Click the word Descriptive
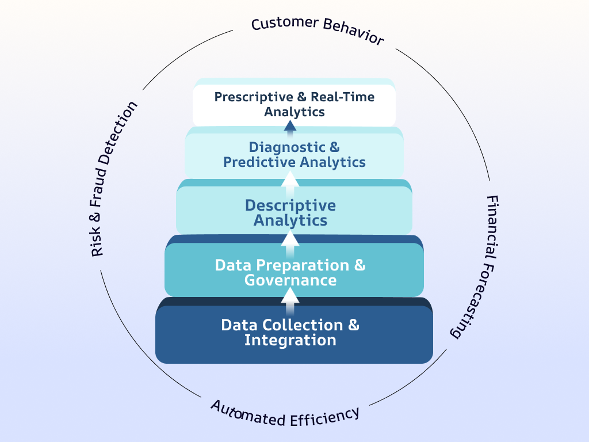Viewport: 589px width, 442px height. (x=290, y=205)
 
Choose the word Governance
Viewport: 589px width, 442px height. (x=290, y=280)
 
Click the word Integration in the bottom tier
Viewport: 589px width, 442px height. (x=290, y=340)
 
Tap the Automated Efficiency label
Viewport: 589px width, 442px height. (x=285, y=413)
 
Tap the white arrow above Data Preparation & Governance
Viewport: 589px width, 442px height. (x=290, y=238)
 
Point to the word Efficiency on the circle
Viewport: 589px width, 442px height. (x=327, y=416)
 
